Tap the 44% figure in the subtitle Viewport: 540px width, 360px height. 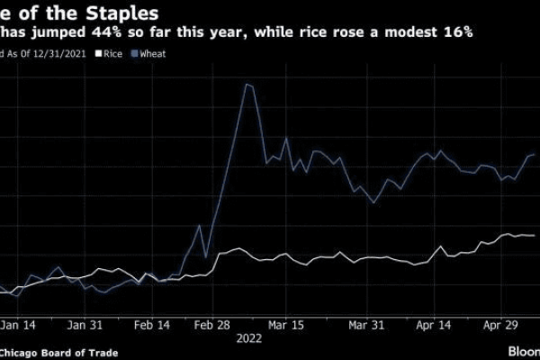(94, 33)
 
